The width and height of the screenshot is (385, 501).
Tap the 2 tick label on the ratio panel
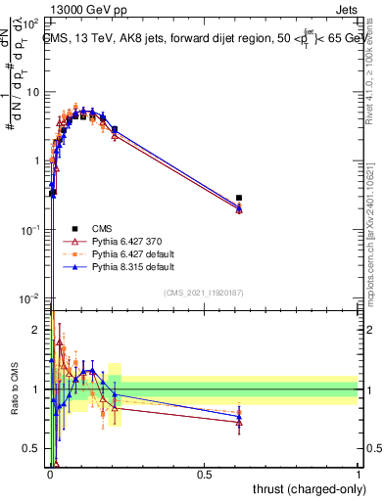tap(37, 330)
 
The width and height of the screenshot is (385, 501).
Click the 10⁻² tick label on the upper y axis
tap(32, 297)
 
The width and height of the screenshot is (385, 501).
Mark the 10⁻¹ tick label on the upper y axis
tap(32, 229)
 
